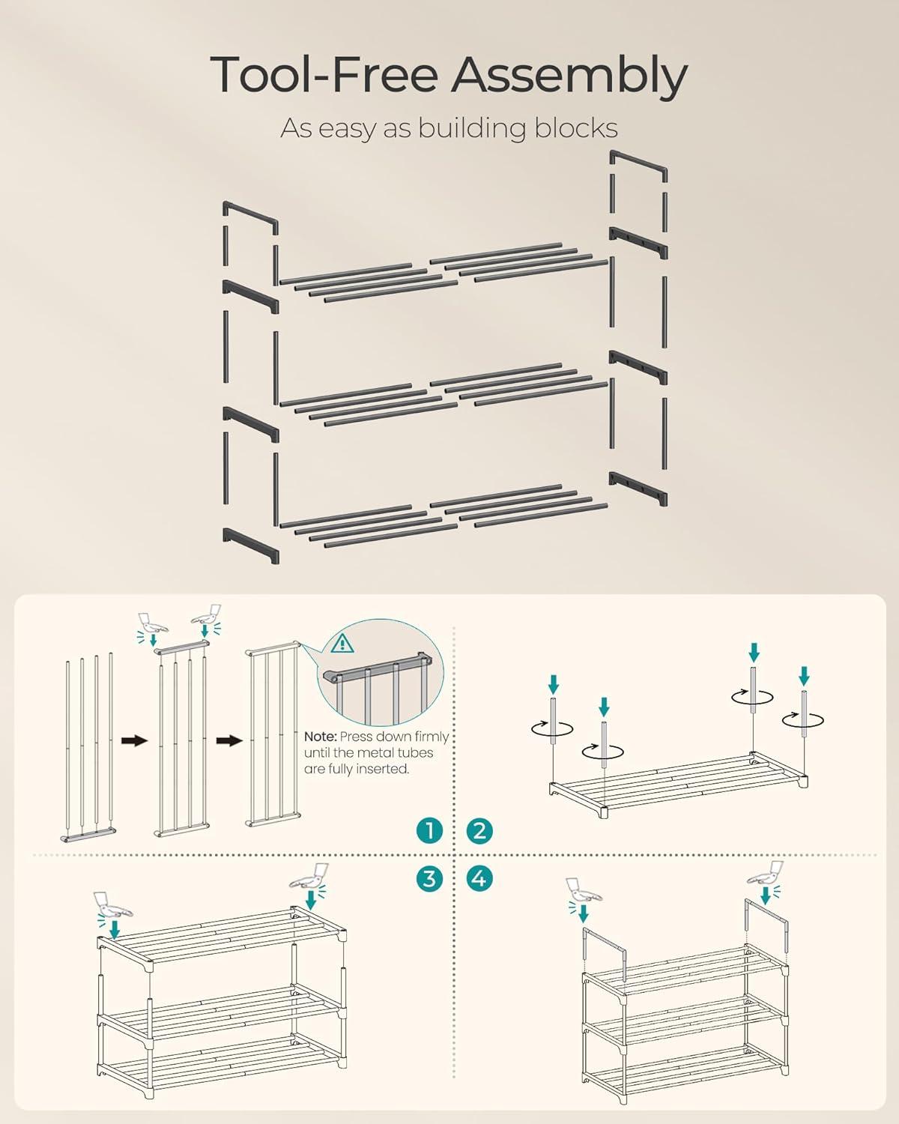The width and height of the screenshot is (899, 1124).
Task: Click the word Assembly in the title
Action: [x=569, y=76]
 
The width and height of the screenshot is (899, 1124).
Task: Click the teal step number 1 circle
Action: [x=429, y=830]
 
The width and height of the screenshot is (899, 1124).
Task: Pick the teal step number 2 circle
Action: [x=479, y=830]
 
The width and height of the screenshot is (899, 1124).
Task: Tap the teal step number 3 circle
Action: [x=429, y=878]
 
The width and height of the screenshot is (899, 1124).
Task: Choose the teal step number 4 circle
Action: [x=479, y=878]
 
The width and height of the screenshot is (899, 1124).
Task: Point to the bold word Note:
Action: [x=321, y=737]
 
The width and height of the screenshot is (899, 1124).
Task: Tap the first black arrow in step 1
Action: [x=134, y=740]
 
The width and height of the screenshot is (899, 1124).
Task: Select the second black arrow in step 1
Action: [x=229, y=740]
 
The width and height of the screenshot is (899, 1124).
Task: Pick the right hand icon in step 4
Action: [x=766, y=874]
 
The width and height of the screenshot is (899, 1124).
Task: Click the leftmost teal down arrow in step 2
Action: [x=554, y=684]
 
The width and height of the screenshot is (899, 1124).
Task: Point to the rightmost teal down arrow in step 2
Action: [x=804, y=676]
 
